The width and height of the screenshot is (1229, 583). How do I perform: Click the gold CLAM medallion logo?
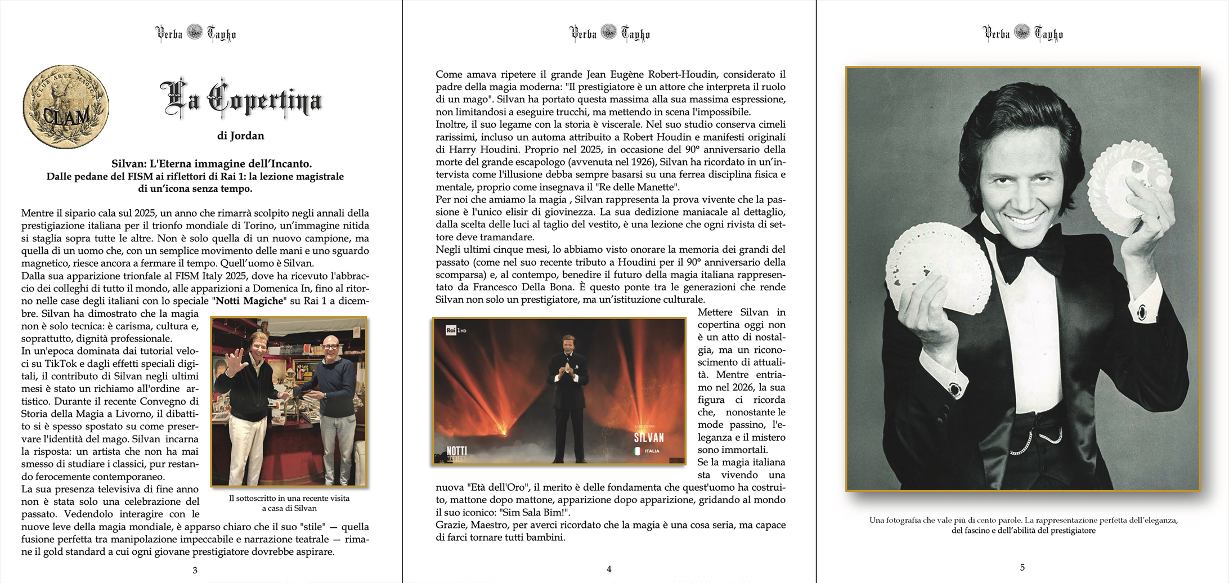point(65,106)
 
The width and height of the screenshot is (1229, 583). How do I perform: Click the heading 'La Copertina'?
point(241,100)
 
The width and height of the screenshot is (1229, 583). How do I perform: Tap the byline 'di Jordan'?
point(240,136)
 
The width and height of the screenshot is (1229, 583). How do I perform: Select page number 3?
point(195,570)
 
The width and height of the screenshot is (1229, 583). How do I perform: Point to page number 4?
point(609,569)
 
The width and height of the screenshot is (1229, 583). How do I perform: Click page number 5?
point(1022,567)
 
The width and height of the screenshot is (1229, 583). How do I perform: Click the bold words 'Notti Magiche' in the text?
point(249,301)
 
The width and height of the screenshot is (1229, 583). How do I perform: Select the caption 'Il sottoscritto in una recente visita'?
point(289,499)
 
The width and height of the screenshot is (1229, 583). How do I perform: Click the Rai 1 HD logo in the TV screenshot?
point(455,330)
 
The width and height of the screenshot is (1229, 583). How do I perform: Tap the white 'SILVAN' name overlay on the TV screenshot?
point(649,437)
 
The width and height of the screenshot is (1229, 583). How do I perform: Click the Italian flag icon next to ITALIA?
point(638,451)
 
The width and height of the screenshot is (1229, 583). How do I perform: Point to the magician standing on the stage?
point(568,394)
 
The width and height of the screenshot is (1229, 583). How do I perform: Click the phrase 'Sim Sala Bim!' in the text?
point(540,513)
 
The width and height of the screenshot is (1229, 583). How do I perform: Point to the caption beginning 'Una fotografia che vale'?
point(1022,521)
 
